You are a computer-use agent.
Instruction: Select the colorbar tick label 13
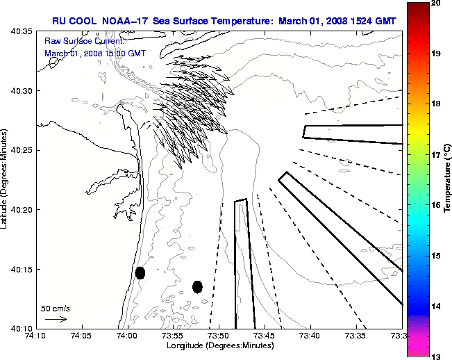click(435, 356)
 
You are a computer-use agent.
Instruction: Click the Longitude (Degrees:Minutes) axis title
click(218, 345)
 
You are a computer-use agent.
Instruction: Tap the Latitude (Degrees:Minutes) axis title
click(6, 179)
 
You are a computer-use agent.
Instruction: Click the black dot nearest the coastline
click(140, 272)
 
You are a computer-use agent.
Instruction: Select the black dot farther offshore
click(197, 286)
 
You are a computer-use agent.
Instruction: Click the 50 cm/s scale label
click(56, 308)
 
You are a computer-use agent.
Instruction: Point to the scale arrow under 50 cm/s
click(56, 319)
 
